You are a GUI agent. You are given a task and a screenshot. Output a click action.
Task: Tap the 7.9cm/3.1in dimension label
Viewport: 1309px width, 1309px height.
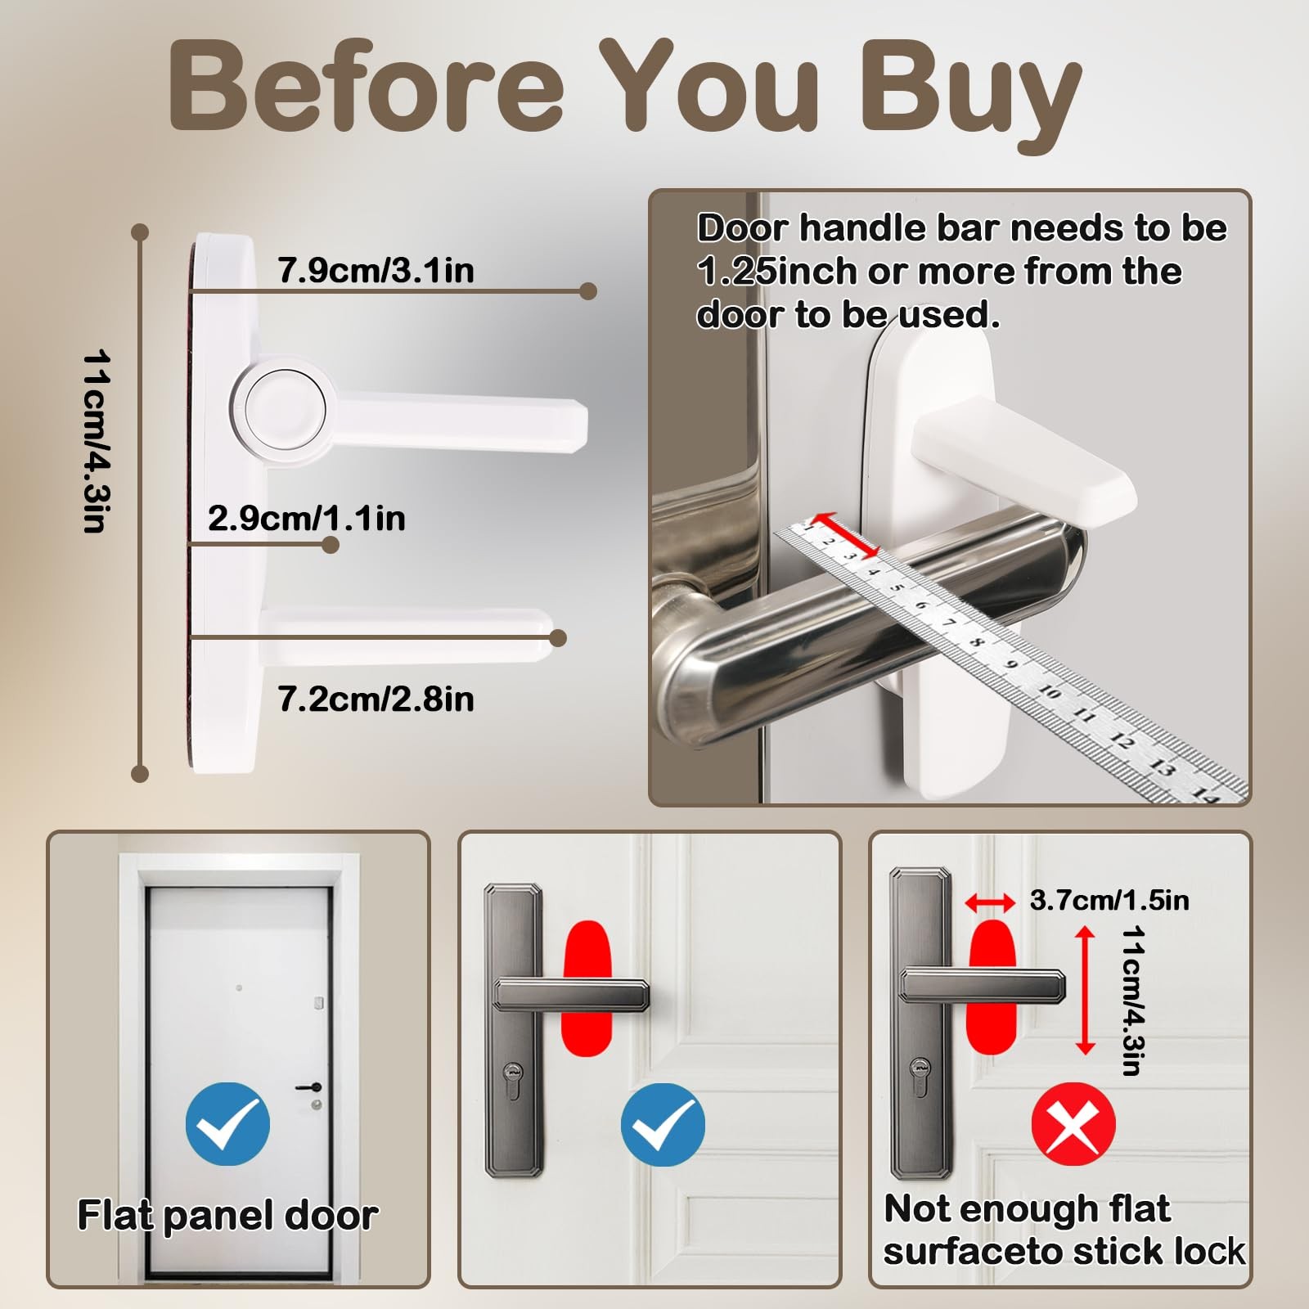click(376, 270)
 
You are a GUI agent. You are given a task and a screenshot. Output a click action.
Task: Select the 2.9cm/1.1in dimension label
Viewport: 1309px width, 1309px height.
click(307, 518)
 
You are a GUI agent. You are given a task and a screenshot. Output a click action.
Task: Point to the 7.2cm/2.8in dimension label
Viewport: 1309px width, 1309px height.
click(376, 699)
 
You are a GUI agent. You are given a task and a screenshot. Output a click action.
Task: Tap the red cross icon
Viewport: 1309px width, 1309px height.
click(1073, 1124)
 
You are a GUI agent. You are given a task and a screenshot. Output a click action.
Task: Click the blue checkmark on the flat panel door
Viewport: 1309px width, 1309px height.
click(227, 1124)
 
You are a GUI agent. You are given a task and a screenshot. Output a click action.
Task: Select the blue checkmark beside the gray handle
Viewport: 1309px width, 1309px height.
click(663, 1124)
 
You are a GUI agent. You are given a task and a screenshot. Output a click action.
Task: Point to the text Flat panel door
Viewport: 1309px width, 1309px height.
click(227, 1216)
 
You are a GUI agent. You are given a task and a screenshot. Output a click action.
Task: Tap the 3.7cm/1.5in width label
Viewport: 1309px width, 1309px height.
click(1109, 900)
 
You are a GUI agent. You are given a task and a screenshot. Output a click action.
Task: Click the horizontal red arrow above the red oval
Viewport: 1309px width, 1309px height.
click(991, 902)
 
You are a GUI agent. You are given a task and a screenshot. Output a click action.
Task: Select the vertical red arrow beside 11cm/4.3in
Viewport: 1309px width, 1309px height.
click(1085, 990)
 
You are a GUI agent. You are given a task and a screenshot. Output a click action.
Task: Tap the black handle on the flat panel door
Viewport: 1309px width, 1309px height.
click(308, 1087)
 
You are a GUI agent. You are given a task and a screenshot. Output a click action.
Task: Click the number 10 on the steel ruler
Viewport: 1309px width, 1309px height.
click(1050, 692)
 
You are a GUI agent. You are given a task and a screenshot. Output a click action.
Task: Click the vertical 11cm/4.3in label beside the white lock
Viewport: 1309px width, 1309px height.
click(97, 442)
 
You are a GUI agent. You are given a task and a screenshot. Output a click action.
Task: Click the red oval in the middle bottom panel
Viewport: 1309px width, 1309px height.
click(587, 988)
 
